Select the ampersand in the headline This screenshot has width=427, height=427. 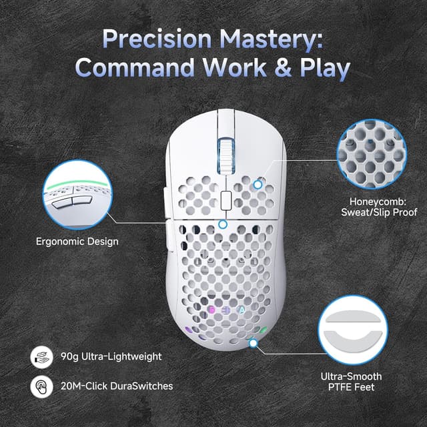pos(283,67)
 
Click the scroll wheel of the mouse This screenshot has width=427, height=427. pos(226,155)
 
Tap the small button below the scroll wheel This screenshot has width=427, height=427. pos(226,200)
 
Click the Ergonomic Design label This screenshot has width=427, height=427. pos(77,242)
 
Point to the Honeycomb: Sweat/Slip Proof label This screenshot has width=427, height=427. pos(379,207)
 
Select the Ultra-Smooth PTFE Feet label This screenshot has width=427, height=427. pos(352,382)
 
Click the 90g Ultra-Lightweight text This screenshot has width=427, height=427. pos(111,357)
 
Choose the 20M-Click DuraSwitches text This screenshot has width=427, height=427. pos(117,386)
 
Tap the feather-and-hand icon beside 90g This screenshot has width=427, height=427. pos(41,357)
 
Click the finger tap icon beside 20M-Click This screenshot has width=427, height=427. pos(41,386)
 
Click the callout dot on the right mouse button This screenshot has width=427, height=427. pos(258,185)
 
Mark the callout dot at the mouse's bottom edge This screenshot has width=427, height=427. pos(254,344)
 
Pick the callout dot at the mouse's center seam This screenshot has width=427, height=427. pos(223,224)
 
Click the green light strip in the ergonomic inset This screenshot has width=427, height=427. pos(77,183)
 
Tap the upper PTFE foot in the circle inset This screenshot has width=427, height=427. pos(353,316)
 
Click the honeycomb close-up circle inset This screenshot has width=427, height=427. pos(372,154)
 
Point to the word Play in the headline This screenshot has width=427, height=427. pos(325,69)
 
